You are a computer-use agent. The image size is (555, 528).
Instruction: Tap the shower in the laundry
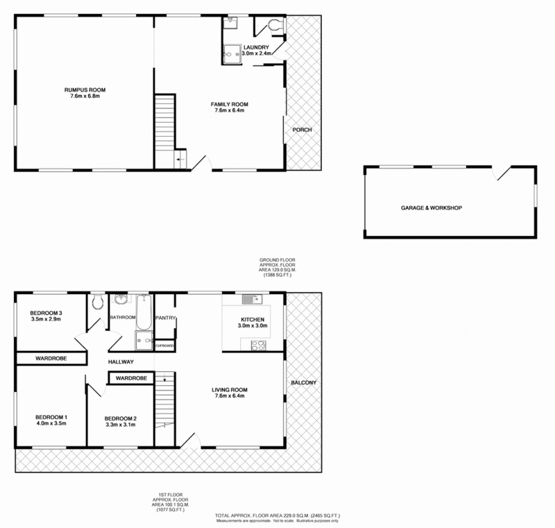pyautogui.click(x=231, y=53)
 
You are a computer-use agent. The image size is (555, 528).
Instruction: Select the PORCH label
pyautogui.click(x=302, y=130)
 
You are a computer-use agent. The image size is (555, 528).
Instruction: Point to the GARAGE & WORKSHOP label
pyautogui.click(x=431, y=208)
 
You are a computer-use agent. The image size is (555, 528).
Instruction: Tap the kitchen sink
pyautogui.click(x=250, y=300)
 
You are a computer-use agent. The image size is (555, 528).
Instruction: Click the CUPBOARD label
pyautogui.click(x=164, y=345)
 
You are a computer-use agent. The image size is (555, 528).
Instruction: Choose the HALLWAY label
pyautogui.click(x=120, y=362)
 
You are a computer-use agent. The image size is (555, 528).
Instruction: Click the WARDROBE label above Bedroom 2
pyautogui.click(x=130, y=378)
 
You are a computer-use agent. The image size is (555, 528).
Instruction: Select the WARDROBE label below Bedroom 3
pyautogui.click(x=50, y=358)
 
